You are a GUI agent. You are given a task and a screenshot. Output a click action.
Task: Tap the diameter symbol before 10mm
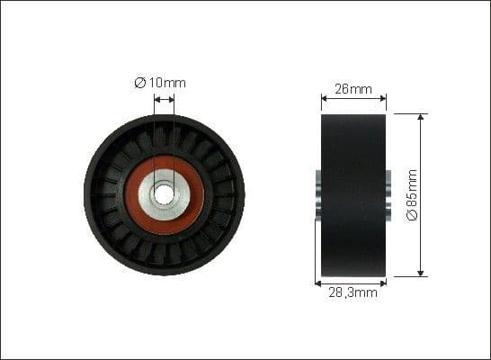point(140,83)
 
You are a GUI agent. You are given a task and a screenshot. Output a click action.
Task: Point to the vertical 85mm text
point(413,189)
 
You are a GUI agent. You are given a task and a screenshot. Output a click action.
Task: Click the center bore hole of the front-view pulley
point(164,193)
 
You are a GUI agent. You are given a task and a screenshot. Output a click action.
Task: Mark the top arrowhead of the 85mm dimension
point(420,118)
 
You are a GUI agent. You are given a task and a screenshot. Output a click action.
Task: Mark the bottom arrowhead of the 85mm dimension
point(420,272)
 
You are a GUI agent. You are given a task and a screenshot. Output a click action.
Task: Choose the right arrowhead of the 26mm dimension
point(382,97)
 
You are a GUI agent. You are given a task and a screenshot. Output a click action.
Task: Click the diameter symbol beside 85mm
point(413,217)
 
